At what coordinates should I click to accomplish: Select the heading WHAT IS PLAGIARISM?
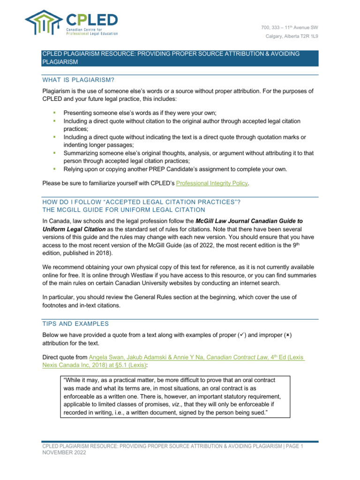[78, 79]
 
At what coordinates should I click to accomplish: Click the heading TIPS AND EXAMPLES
[75, 323]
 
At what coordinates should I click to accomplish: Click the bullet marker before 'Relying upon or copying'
[54, 168]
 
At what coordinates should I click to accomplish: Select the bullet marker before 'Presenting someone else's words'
[54, 113]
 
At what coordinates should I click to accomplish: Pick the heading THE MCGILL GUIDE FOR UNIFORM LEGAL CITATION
[124, 210]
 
